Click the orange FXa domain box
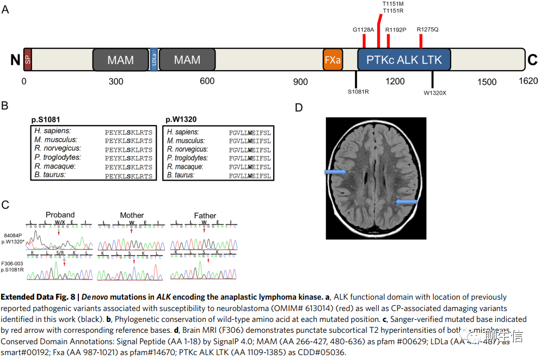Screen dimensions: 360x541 point(332,59)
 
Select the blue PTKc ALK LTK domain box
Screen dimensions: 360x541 point(404,59)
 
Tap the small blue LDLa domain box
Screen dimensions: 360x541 point(154,59)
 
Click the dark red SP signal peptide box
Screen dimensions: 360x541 point(27,59)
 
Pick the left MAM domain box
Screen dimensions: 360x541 point(120,59)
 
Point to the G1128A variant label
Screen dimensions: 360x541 point(364,29)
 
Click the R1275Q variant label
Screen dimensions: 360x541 point(427,29)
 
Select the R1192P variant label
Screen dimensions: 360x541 point(396,29)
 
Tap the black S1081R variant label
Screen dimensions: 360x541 point(359,92)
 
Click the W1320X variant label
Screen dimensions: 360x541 point(435,92)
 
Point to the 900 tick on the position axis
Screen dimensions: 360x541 point(300,82)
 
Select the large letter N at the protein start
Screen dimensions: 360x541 point(15,60)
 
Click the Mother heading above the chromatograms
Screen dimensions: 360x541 point(132,215)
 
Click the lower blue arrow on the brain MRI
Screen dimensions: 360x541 point(406,202)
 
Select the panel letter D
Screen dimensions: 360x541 point(298,108)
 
